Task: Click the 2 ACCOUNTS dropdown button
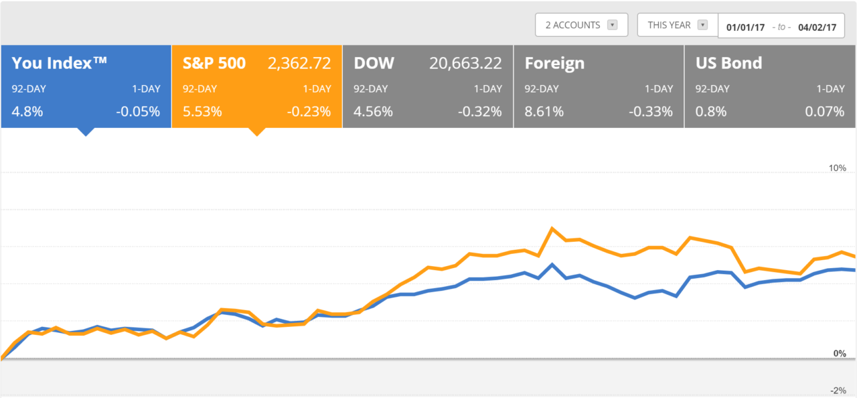tap(581, 25)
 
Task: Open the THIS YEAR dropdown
tap(677, 25)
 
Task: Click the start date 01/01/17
tap(745, 27)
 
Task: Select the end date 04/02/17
tap(817, 27)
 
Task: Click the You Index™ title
tap(60, 63)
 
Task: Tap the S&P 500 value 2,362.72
tap(299, 64)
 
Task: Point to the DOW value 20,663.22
tap(465, 64)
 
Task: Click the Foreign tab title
tap(554, 64)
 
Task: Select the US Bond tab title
tap(728, 64)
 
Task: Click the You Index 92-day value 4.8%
tap(27, 112)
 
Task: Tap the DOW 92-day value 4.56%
tap(373, 112)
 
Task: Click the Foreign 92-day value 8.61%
tap(544, 112)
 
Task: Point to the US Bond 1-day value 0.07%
tap(824, 112)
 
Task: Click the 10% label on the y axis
tap(838, 168)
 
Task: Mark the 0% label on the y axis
tap(840, 353)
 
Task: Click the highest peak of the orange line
tap(552, 228)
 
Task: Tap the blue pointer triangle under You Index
tap(85, 131)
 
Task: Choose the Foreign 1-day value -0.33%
tap(650, 112)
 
